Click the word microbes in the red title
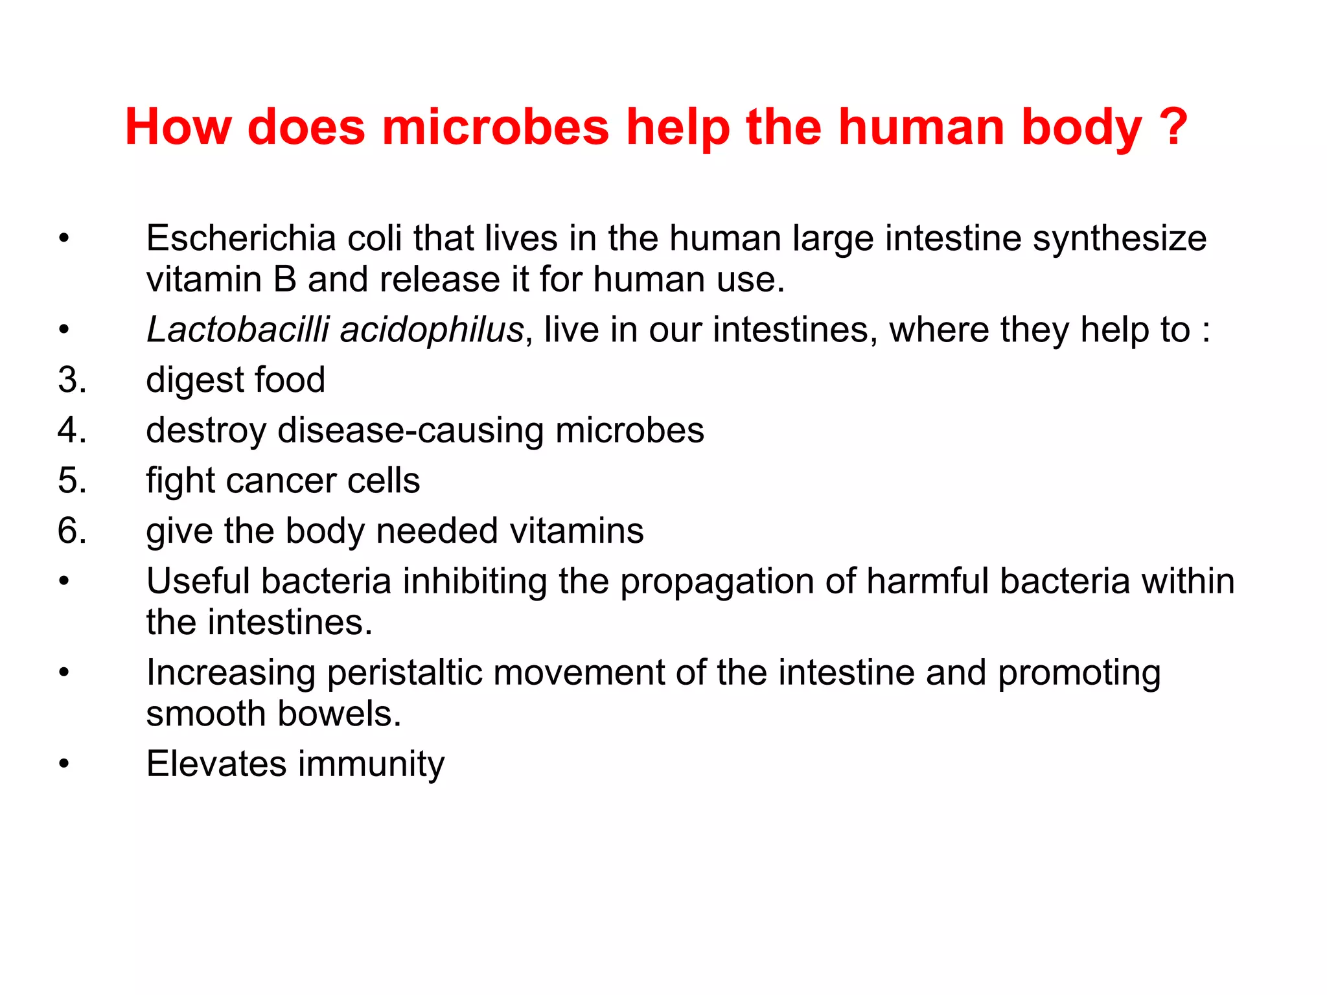tap(496, 126)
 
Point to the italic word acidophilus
tap(432, 331)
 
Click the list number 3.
tap(72, 380)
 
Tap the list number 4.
tap(72, 430)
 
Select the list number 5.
tap(72, 481)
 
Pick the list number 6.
tap(72, 531)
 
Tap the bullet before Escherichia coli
tap(63, 238)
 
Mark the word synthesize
tap(1120, 239)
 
